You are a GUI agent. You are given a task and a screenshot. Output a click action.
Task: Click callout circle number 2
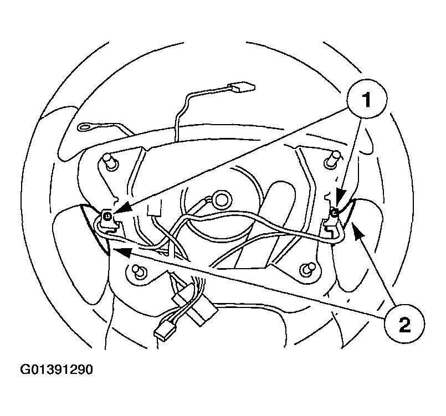click(x=404, y=325)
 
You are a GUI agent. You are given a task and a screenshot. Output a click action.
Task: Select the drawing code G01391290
click(x=57, y=369)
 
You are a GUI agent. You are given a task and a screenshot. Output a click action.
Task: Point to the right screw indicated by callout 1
click(x=335, y=211)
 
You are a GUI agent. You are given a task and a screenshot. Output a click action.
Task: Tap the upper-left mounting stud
click(x=110, y=162)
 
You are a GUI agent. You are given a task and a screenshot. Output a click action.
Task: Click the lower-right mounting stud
click(x=308, y=269)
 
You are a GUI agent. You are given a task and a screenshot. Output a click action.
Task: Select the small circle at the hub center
click(x=219, y=200)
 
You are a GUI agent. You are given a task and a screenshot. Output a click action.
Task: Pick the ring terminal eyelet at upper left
click(x=85, y=127)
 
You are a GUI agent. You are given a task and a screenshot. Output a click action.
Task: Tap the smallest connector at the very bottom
click(x=163, y=331)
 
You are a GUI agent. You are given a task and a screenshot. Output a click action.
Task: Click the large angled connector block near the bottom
click(x=202, y=311)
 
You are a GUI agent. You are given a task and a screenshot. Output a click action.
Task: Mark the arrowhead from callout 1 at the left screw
click(x=123, y=208)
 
